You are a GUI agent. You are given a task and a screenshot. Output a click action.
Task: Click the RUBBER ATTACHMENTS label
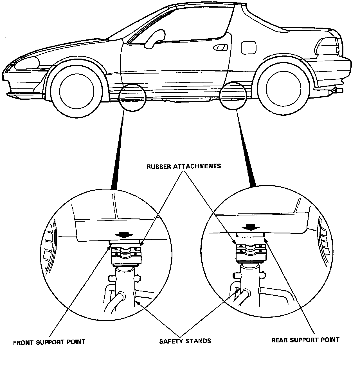point(184,166)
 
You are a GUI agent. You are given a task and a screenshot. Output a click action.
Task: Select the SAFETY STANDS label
point(185,341)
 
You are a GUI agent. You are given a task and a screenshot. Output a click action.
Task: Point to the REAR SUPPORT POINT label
point(305,340)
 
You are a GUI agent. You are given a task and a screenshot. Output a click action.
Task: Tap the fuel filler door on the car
point(249,47)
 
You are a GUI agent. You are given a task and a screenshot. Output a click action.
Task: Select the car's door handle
point(221,48)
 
